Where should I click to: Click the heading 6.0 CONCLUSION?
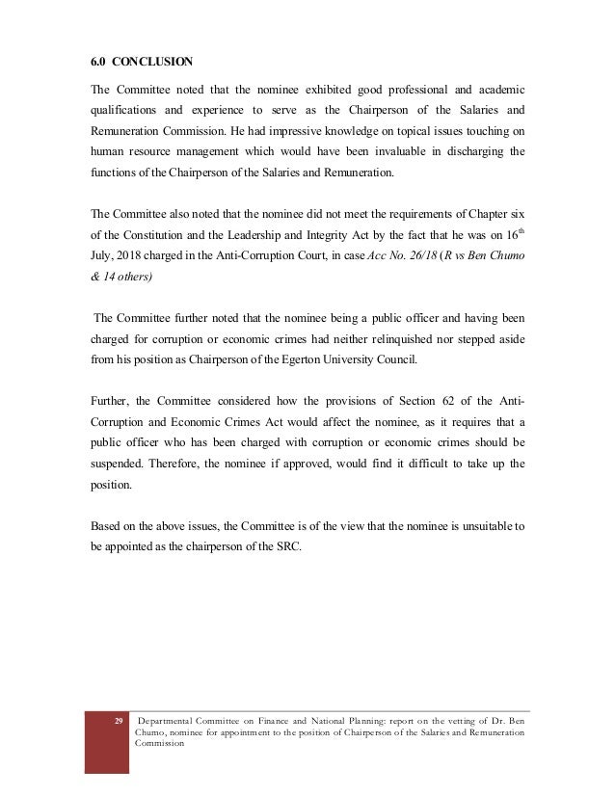[136, 65]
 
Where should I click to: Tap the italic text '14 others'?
[133, 277]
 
